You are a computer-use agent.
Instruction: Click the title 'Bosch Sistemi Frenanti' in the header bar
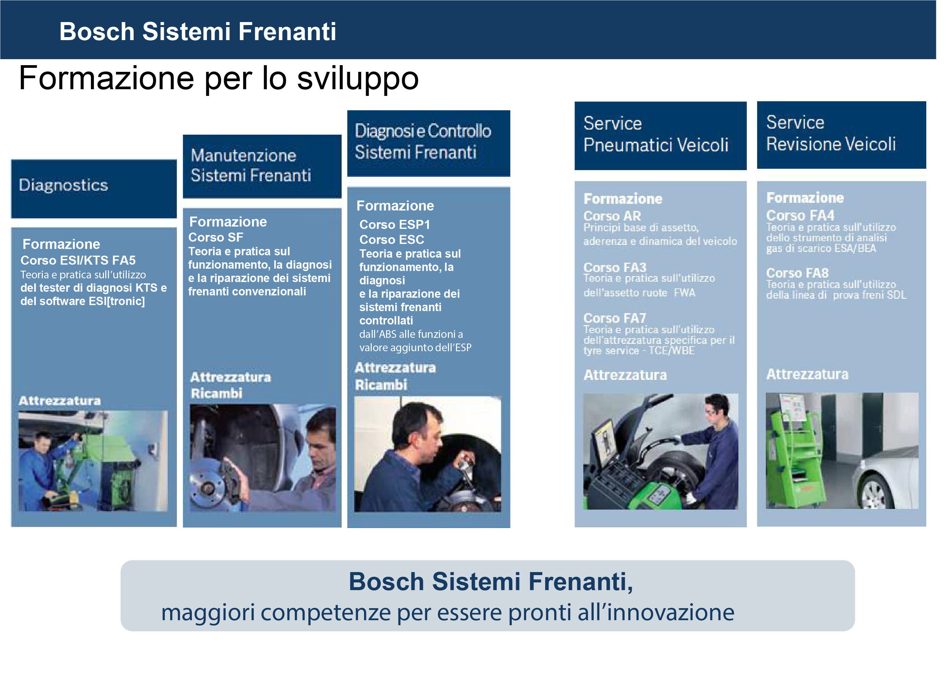tap(198, 31)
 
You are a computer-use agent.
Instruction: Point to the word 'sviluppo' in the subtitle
tap(358, 79)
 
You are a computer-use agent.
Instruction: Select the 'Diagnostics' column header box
tap(94, 189)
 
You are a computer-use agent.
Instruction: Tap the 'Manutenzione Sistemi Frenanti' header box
tap(262, 166)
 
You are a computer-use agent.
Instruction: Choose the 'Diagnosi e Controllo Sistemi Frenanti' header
tap(429, 143)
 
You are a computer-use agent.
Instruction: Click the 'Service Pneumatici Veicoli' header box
tap(661, 135)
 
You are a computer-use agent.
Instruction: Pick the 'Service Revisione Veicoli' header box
tap(841, 135)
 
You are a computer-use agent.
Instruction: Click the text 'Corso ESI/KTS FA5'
tap(78, 261)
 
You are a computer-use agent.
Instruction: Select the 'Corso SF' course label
tap(216, 238)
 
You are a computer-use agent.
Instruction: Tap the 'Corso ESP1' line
tap(394, 225)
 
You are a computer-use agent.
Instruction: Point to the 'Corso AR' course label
tap(612, 216)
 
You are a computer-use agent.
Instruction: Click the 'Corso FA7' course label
tap(615, 318)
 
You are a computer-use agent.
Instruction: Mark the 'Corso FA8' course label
tap(797, 273)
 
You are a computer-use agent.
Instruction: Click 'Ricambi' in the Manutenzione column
tap(216, 393)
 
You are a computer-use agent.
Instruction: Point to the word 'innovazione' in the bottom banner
tap(671, 613)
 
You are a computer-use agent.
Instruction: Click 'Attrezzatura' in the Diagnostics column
tap(60, 401)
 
